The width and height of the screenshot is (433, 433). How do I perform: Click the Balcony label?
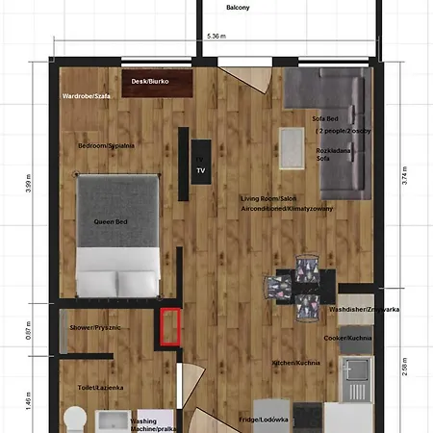[x=238, y=8]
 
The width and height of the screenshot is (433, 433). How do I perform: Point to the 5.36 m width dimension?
[x=216, y=37]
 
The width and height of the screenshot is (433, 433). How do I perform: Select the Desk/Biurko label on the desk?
[x=150, y=82]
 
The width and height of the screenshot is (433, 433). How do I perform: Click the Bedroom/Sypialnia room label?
[x=106, y=145]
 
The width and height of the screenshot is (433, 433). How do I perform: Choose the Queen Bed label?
[x=111, y=222]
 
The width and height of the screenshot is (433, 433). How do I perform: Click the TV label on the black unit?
[x=201, y=169]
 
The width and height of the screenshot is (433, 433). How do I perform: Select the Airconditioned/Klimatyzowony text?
[x=286, y=208]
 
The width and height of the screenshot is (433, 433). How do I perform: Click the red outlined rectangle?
[x=170, y=325]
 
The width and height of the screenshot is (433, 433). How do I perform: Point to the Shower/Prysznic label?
[x=94, y=327]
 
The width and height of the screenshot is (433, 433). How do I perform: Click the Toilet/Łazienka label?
[x=100, y=388]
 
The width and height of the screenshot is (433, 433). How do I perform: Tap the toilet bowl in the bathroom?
[x=75, y=420]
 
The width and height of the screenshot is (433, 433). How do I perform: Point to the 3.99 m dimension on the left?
[x=28, y=183]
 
